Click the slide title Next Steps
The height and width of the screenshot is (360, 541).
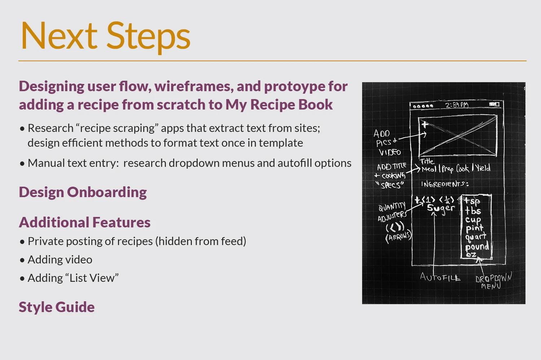pos(105,36)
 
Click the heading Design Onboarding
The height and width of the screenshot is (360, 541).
pos(83,192)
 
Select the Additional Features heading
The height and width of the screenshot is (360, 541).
pos(85,222)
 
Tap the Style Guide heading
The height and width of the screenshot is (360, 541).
pos(57,307)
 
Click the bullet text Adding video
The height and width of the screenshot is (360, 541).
pos(60,259)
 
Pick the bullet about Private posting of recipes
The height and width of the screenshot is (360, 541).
pos(137,241)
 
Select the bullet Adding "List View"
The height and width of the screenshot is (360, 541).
pos(73,278)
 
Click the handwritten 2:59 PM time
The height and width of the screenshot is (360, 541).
pos(457,105)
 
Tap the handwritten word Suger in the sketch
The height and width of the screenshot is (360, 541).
pos(441,208)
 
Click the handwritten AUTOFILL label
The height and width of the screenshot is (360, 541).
pos(440,277)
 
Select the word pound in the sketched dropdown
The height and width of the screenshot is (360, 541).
pos(477,247)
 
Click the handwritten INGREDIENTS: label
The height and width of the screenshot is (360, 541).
pos(445,184)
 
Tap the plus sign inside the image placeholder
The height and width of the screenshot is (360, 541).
pos(425,125)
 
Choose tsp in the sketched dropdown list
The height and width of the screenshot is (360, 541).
pos(472,201)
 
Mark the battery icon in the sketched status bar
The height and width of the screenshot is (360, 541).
pos(494,104)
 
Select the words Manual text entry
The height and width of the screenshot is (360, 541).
pos(73,163)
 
